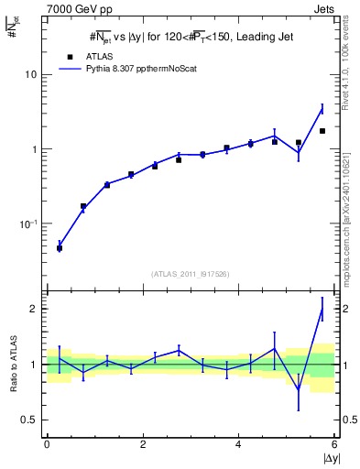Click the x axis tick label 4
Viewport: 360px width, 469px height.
click(238, 444)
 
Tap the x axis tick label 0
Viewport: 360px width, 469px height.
click(47, 444)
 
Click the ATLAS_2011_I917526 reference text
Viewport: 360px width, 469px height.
click(191, 274)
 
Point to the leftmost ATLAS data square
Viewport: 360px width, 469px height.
click(60, 248)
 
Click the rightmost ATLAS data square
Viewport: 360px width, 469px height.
click(322, 131)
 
